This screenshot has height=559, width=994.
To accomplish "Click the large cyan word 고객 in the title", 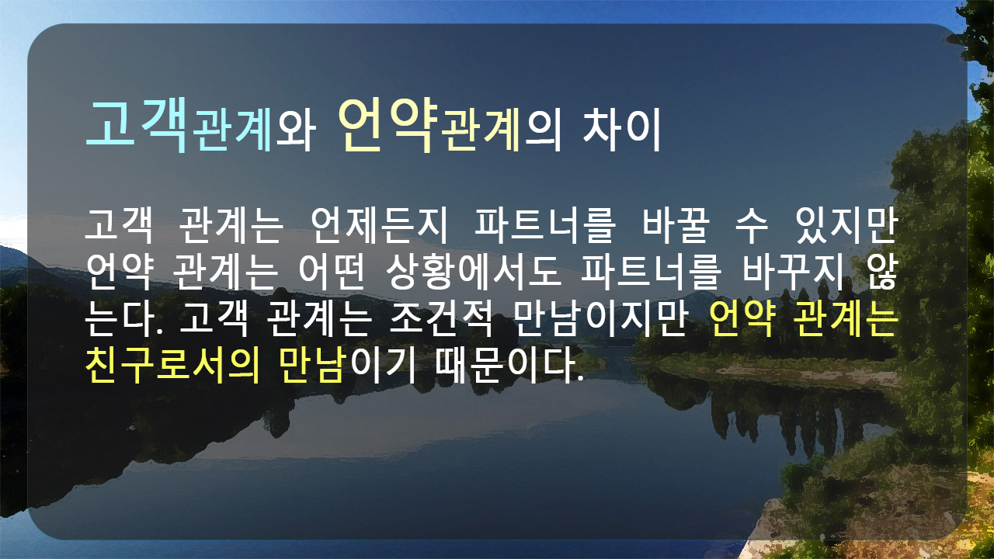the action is coord(137,126).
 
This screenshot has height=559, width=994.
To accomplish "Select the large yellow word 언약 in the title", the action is coord(388,126).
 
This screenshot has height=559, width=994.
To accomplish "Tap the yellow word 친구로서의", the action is coord(172,365).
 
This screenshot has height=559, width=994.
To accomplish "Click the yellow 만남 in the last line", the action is coord(312,365).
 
